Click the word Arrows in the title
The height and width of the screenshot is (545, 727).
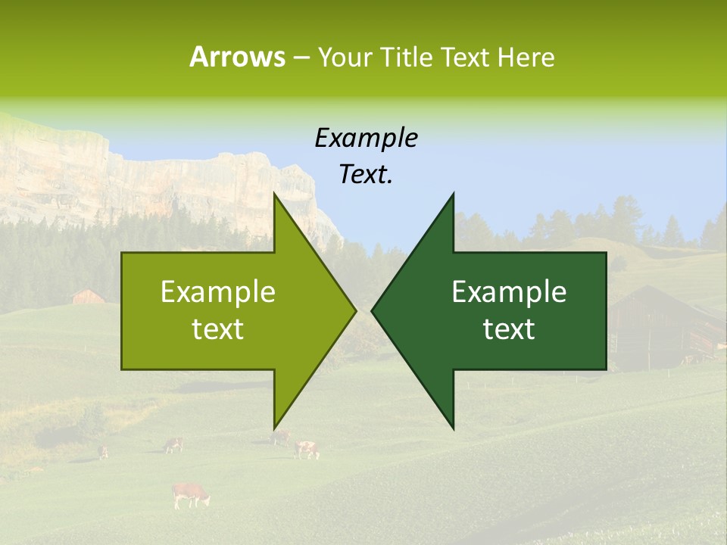tap(237, 57)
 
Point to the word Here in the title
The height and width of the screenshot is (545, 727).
tap(526, 57)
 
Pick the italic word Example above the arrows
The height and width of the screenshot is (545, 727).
tap(366, 138)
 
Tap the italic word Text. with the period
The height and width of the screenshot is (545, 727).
tap(366, 175)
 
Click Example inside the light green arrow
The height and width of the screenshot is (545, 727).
tap(217, 291)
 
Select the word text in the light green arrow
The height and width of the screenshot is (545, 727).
tap(217, 329)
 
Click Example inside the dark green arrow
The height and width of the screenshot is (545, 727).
tap(509, 291)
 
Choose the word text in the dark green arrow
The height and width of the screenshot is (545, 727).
tap(509, 329)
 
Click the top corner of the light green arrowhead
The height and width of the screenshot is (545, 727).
tap(275, 195)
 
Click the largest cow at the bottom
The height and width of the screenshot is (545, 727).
tap(189, 494)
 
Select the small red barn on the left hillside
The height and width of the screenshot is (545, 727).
tap(88, 296)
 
